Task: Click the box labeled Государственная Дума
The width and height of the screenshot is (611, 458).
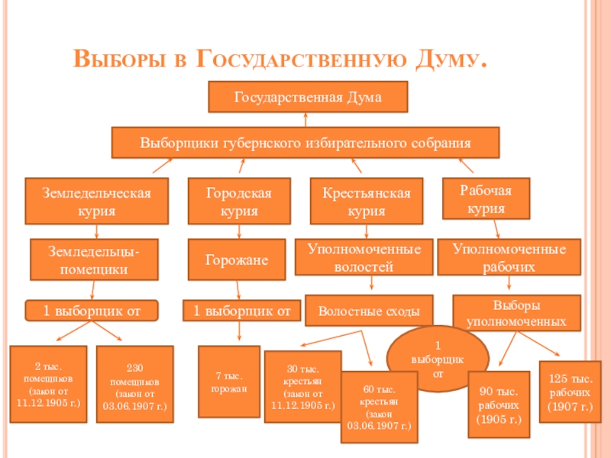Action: coord(308,98)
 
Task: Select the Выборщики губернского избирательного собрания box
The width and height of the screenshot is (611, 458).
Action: coord(305,143)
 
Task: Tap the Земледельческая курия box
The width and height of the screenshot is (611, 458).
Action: coord(95,200)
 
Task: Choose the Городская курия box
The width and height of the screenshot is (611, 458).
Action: coord(240,200)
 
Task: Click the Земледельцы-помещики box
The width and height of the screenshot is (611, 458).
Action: coord(94,259)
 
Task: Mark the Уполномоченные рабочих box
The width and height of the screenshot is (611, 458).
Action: coord(509,258)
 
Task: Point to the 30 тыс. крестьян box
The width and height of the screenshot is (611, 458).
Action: coord(303,387)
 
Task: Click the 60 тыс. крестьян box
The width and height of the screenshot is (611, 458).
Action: coord(378,407)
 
